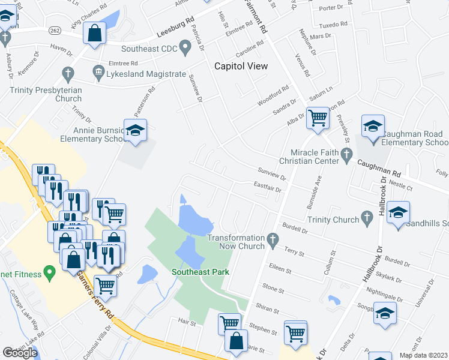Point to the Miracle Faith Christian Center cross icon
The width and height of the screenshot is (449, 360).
pos(346,156)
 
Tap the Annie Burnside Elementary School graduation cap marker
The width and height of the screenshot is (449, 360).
pos(136,130)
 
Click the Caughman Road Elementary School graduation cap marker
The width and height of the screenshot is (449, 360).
pos(373,127)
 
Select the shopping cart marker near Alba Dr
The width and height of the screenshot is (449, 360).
pos(317,117)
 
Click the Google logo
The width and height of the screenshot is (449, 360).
pos(20,352)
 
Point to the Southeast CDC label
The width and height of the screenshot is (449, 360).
pos(149,49)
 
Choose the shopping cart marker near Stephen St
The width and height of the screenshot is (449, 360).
pos(295,332)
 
